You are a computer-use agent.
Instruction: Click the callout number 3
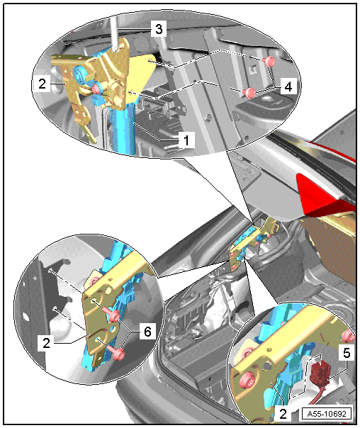click(159, 29)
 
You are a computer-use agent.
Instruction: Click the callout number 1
click(186, 140)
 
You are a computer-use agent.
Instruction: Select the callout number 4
click(288, 86)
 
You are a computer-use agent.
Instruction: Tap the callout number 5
click(347, 353)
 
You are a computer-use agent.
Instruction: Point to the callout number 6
click(147, 332)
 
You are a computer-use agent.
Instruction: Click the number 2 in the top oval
click(42, 84)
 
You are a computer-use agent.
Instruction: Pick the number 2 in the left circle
click(46, 342)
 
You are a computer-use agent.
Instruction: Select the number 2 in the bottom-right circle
click(283, 414)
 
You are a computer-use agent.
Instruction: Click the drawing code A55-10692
click(327, 414)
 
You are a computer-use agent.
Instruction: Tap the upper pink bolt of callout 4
click(269, 62)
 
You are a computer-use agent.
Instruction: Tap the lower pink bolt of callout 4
click(249, 93)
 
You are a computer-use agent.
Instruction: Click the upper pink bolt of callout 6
click(113, 315)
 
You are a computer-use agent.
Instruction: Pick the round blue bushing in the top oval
click(79, 74)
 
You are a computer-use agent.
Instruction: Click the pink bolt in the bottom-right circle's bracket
click(247, 380)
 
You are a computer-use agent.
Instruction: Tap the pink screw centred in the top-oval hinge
click(96, 89)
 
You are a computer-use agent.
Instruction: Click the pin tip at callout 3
click(117, 49)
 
